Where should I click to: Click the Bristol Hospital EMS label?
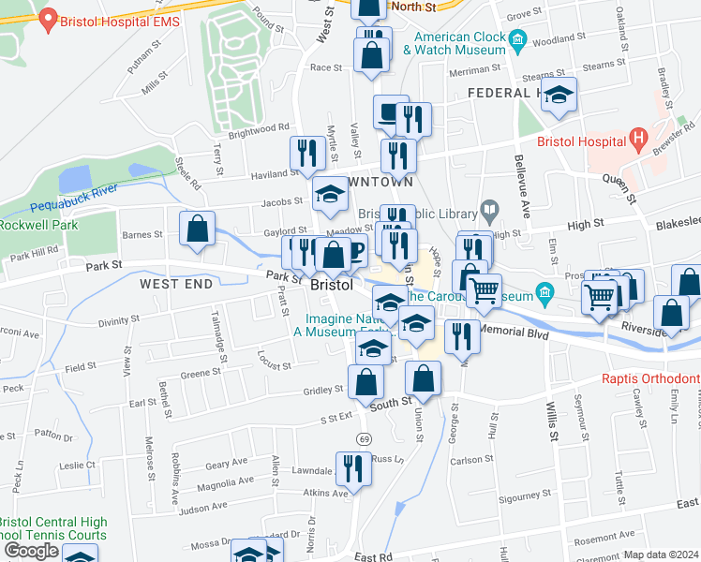pos(119,20)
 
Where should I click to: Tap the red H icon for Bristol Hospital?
pos(640,140)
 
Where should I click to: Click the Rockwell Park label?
pos(27,226)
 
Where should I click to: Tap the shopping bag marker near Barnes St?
pos(198,229)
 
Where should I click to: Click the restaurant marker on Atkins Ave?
pos(353,466)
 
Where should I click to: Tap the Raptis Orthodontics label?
pos(649,379)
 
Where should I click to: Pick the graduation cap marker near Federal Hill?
pos(559,95)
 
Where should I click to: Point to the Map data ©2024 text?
pos(662,555)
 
